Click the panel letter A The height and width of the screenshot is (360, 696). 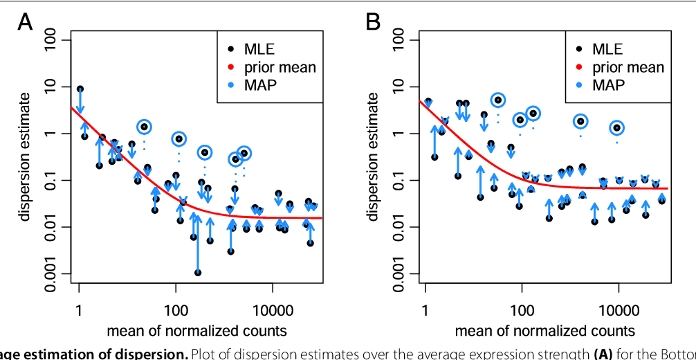(25, 23)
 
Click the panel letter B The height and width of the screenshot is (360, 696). (373, 23)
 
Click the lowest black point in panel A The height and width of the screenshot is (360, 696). (198, 273)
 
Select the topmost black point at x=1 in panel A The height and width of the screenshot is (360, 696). (80, 89)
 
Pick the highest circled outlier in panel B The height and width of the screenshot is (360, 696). (497, 100)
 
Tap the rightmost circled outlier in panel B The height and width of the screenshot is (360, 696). (616, 128)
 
